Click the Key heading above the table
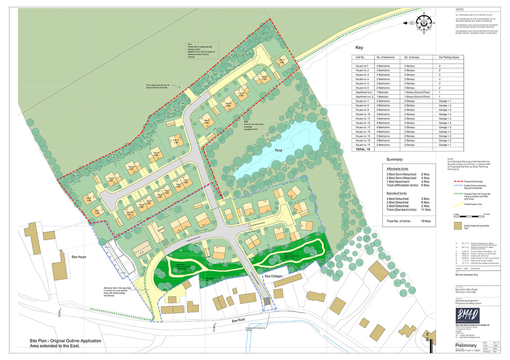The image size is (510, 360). [359, 48]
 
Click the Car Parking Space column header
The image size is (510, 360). [449, 58]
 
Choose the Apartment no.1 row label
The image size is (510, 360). [365, 92]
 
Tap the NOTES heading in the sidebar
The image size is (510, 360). [458, 9]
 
